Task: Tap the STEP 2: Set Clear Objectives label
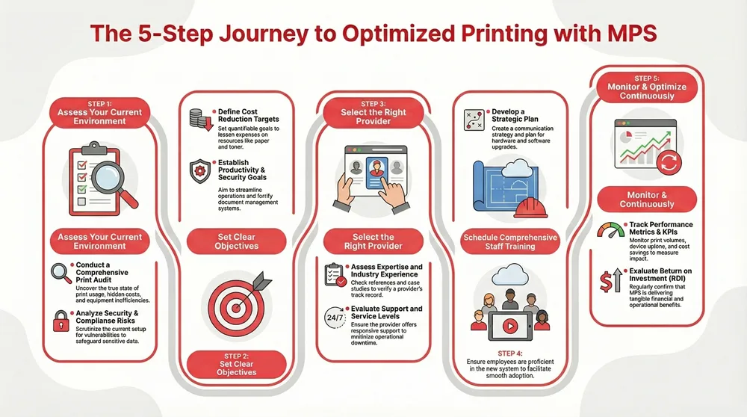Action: tap(236, 366)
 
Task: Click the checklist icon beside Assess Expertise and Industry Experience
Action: tap(333, 274)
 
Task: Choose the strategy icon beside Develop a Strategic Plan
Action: tap(473, 120)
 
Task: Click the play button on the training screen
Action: tap(510, 326)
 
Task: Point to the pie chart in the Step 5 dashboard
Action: tap(626, 135)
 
